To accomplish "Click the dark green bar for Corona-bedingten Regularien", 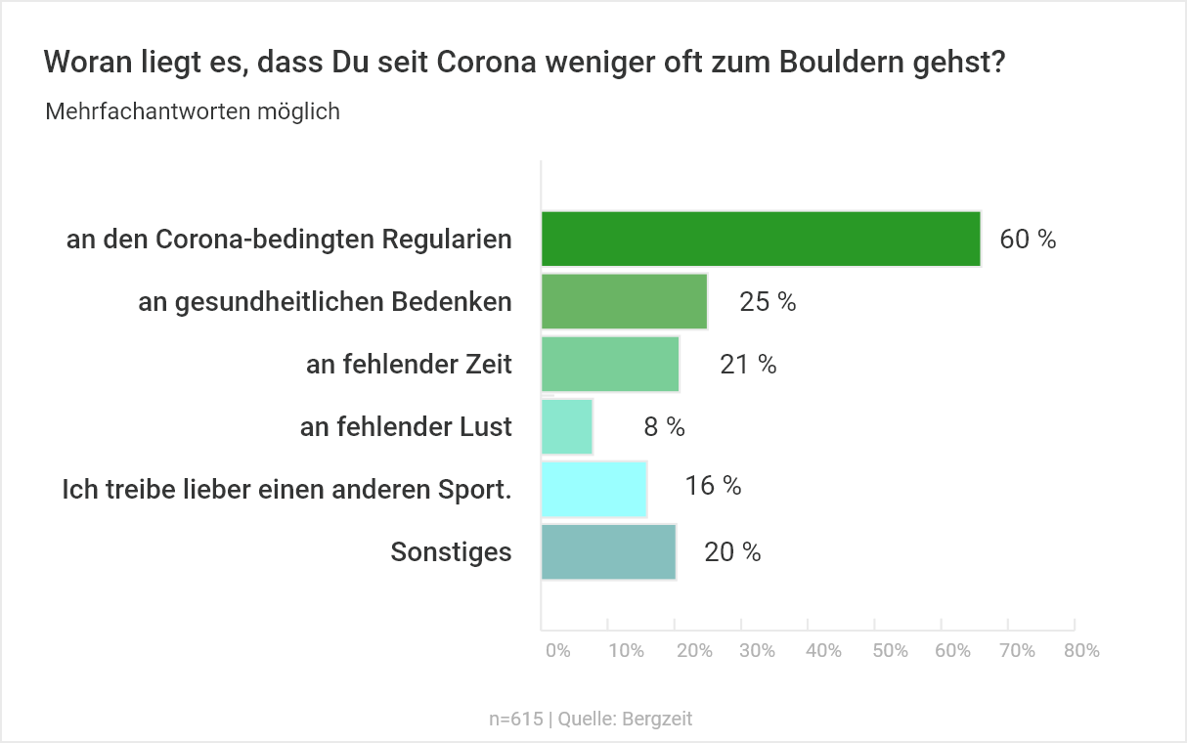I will click(761, 239).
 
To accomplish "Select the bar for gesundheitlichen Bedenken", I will click(624, 301).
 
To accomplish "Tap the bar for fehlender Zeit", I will click(610, 364).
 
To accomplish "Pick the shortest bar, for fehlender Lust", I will click(567, 426).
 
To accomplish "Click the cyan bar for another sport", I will click(593, 489).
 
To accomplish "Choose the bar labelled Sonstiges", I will click(608, 551).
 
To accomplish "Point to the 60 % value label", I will click(1028, 240).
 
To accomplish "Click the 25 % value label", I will click(768, 302).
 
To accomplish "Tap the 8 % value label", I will click(664, 426).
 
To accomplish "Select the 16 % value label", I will click(713, 485).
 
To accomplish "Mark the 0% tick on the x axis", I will click(557, 651).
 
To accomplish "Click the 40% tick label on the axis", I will click(824, 651).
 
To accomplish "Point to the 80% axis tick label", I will click(1082, 651).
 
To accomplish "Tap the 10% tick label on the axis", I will click(626, 651).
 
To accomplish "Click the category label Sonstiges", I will click(451, 552).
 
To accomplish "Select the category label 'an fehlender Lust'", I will click(406, 427).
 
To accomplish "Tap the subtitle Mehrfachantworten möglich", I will click(193, 111).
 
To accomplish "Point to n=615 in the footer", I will click(515, 719).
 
